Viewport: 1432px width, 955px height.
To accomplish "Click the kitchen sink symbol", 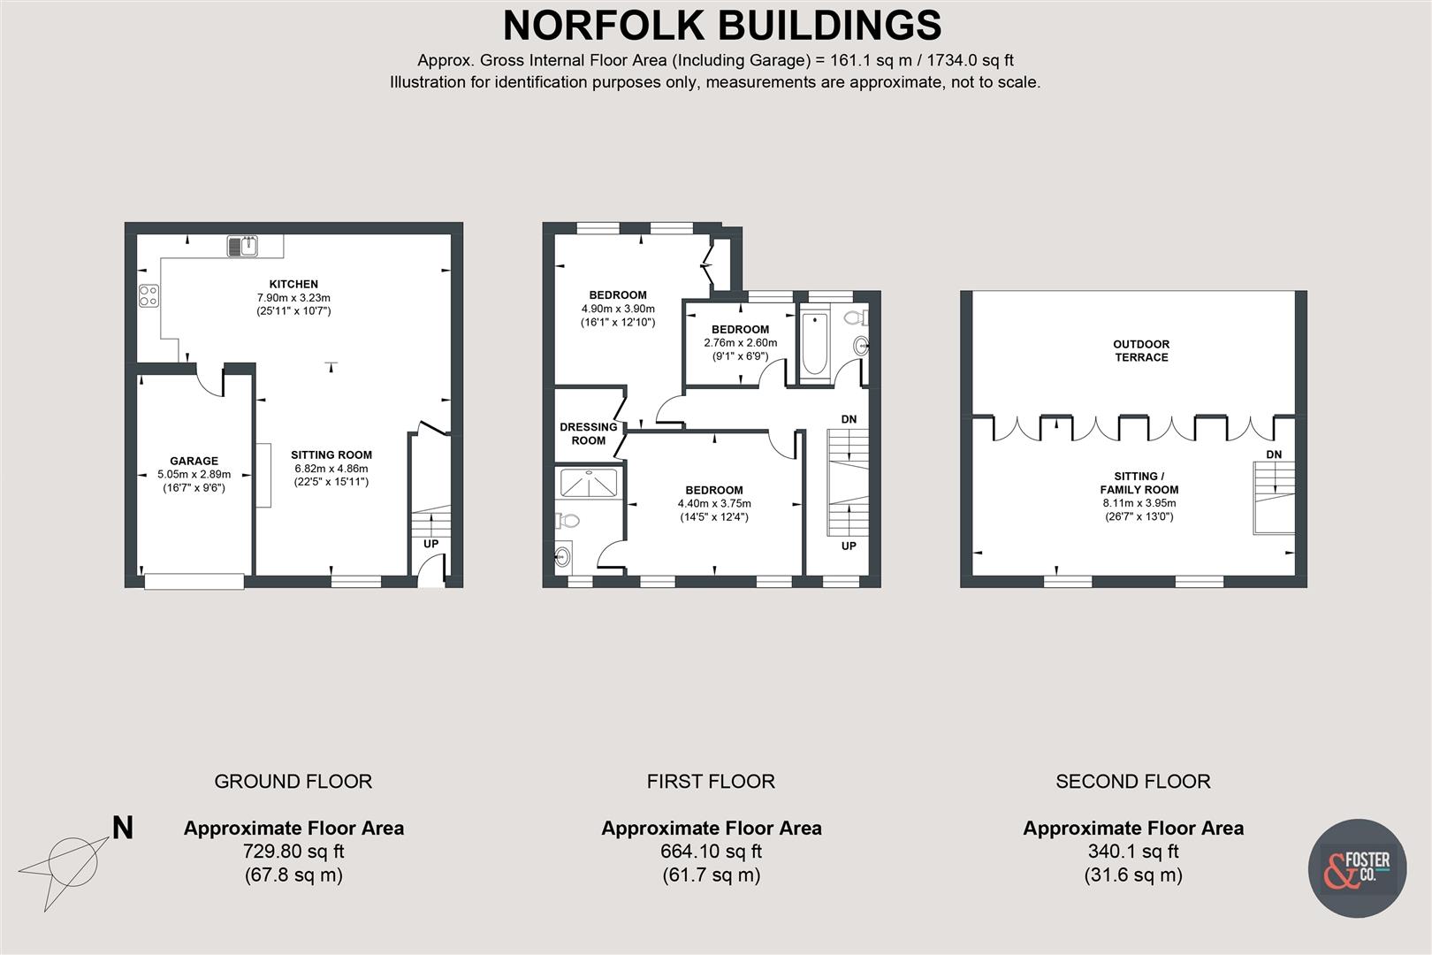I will pyautogui.click(x=242, y=246).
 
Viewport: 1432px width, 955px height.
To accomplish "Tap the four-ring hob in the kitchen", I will pyautogui.click(x=149, y=295).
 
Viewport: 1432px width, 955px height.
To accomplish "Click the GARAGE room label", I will pyautogui.click(x=194, y=461).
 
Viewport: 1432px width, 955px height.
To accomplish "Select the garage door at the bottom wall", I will pyautogui.click(x=194, y=581).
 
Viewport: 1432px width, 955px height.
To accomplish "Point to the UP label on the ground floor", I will pyautogui.click(x=430, y=544).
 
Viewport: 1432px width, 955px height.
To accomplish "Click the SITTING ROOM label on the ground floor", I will pyautogui.click(x=331, y=455).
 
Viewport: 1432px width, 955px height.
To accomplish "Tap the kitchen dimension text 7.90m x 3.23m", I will pyautogui.click(x=293, y=298).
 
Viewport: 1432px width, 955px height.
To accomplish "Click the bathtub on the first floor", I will pyautogui.click(x=814, y=343).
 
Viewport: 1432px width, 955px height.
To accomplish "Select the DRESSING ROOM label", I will pyautogui.click(x=589, y=433).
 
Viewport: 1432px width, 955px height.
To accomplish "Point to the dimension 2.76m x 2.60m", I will pyautogui.click(x=741, y=343).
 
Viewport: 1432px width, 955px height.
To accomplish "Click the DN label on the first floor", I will pyautogui.click(x=849, y=419).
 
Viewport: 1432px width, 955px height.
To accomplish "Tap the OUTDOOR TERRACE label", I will pyautogui.click(x=1141, y=350).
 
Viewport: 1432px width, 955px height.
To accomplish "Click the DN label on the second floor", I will pyautogui.click(x=1274, y=455).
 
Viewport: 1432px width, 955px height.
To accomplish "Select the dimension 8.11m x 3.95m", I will pyautogui.click(x=1139, y=503).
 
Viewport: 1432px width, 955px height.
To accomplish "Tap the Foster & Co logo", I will pyautogui.click(x=1356, y=867).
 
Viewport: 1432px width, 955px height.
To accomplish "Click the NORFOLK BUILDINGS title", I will pyautogui.click(x=721, y=26).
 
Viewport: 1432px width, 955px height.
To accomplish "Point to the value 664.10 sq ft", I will pyautogui.click(x=711, y=852).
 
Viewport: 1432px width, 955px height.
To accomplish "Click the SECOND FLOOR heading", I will pyautogui.click(x=1132, y=782).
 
